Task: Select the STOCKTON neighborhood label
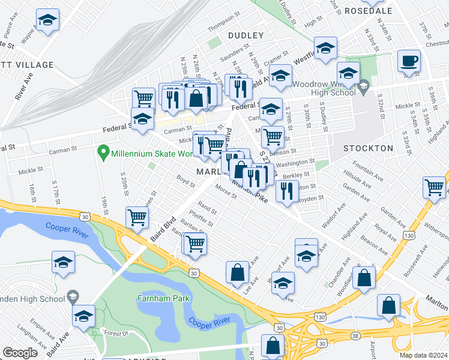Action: point(368,148)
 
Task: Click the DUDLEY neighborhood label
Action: point(246,35)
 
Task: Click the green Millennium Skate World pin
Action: point(103,152)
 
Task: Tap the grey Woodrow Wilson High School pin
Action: point(363,89)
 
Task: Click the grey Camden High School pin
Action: point(73,296)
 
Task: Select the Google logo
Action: point(20,353)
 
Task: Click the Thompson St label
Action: point(224,29)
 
